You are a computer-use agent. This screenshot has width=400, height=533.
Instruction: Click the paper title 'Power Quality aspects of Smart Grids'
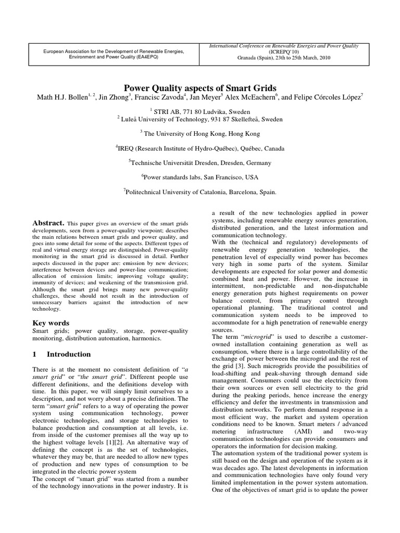(x=199, y=88)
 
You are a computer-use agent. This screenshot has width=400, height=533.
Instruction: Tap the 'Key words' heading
(x=51, y=323)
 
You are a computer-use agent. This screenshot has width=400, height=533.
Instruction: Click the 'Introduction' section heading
(x=69, y=354)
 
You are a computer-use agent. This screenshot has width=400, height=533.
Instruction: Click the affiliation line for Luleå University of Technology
(x=200, y=119)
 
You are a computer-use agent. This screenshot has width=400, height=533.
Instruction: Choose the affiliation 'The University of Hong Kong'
(x=199, y=134)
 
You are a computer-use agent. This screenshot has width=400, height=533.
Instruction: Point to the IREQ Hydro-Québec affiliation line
(x=199, y=148)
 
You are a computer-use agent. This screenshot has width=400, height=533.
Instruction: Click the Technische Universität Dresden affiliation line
(x=199, y=163)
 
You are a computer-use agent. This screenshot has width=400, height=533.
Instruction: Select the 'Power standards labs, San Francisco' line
(x=199, y=177)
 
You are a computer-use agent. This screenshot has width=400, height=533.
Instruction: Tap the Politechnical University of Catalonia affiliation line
(x=199, y=192)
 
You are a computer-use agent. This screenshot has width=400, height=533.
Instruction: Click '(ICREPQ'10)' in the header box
(x=284, y=53)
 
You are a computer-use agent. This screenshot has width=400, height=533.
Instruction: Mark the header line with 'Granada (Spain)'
(x=284, y=59)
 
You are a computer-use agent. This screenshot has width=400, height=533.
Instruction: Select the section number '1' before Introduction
(x=34, y=354)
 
